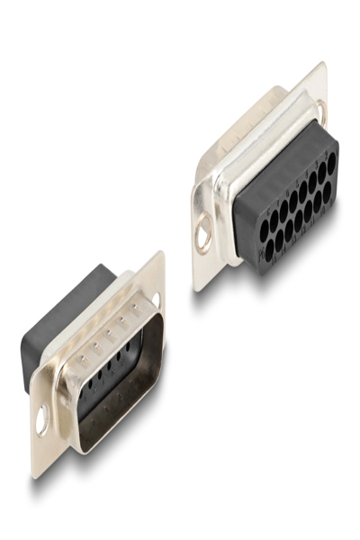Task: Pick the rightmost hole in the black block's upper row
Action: tap(331, 161)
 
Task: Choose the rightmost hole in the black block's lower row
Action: tap(333, 184)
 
